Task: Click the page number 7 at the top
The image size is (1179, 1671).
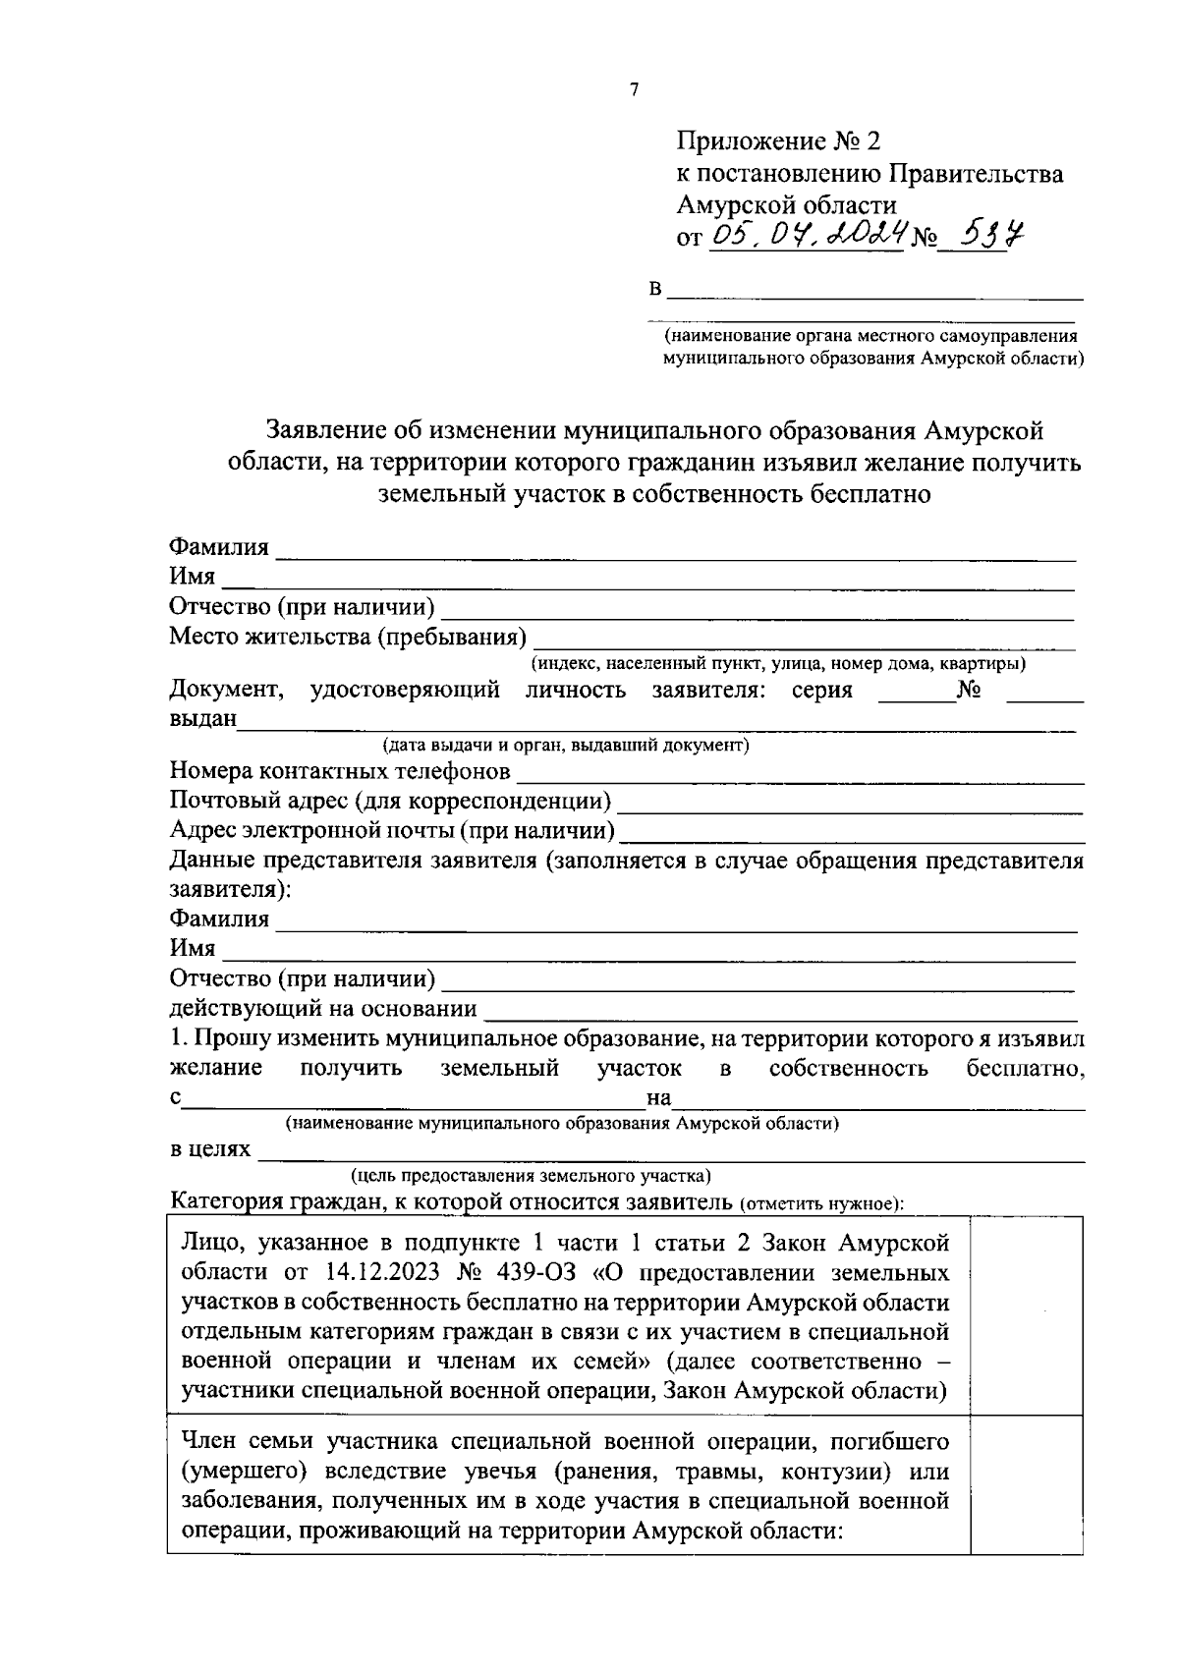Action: [x=634, y=90]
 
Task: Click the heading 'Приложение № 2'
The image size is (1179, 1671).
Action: [x=778, y=141]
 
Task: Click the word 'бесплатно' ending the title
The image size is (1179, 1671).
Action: [x=869, y=493]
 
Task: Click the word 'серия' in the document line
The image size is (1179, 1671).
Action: [x=821, y=690]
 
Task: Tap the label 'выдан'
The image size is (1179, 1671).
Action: [x=202, y=718]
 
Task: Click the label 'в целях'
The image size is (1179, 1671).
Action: [x=210, y=1149]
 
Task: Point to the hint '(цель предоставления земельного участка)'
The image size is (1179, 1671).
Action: [x=531, y=1175]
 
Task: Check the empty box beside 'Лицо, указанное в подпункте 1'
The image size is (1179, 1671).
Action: [x=1026, y=1315]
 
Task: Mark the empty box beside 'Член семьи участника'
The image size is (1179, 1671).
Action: [x=1026, y=1484]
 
